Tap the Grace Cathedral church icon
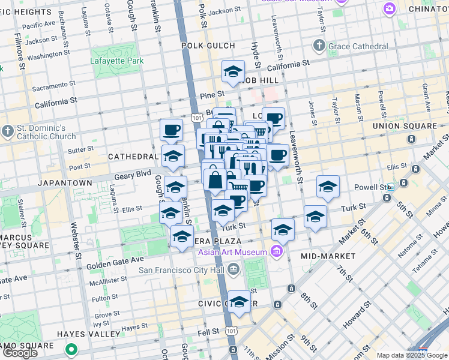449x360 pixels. [319, 46]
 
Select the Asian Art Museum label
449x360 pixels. [234, 251]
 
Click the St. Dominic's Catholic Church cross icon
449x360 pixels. [7, 131]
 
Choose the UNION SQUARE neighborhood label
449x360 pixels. [405, 126]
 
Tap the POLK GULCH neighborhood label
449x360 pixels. [205, 46]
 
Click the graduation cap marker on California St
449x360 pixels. [233, 72]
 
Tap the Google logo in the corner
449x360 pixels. [20, 353]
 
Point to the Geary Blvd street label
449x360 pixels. [135, 175]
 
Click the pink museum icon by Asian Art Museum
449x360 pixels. [276, 251]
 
